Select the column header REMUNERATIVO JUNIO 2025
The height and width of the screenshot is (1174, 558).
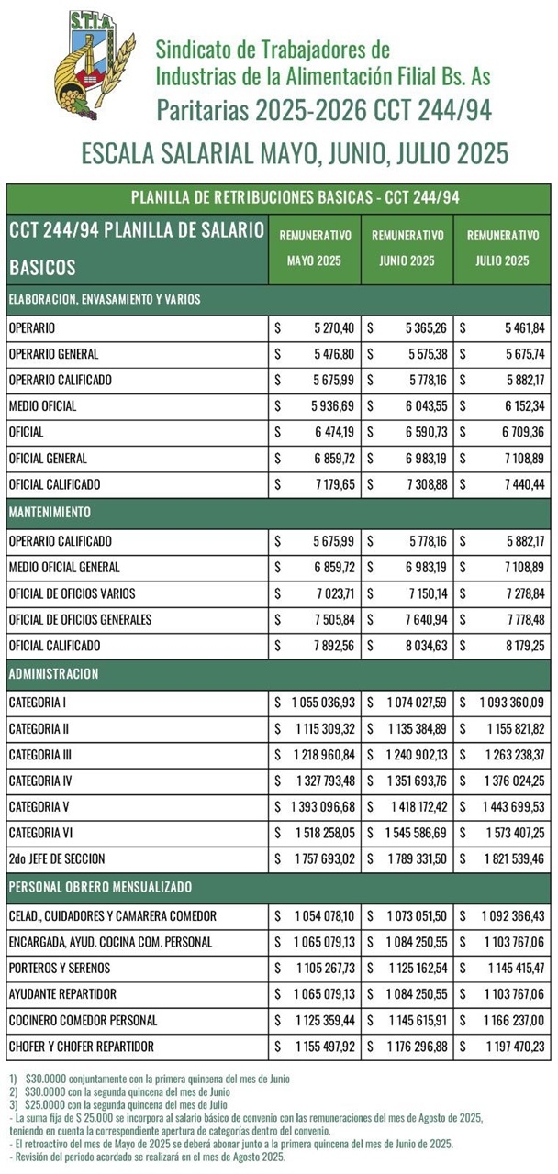[407, 248]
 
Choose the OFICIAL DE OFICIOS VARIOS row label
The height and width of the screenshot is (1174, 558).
[74, 593]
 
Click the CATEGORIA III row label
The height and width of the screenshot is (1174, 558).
[42, 755]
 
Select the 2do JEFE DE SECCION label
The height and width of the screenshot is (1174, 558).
[56, 859]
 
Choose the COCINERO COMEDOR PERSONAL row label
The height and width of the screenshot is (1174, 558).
[82, 1020]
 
